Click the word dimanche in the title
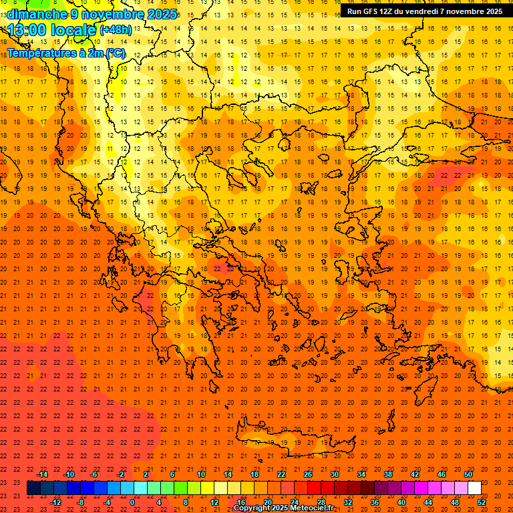(x=37, y=14)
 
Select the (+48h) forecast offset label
(x=116, y=30)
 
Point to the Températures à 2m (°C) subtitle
(x=65, y=53)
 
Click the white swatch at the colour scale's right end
(x=474, y=488)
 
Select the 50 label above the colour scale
(x=468, y=474)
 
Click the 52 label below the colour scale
(x=482, y=502)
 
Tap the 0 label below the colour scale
(x=133, y=502)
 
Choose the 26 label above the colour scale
(x=308, y=474)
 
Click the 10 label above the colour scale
(x=200, y=474)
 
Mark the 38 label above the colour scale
(x=388, y=474)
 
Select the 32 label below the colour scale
(x=348, y=502)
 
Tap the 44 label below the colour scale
(x=428, y=502)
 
